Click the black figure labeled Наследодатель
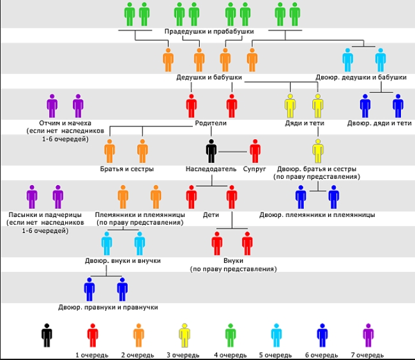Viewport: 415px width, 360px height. coord(211,151)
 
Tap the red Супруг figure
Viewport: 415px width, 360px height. coord(255,151)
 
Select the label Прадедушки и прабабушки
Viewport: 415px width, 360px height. coord(209,31)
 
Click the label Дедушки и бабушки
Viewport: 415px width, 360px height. coord(209,77)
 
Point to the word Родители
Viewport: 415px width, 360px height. coord(211,123)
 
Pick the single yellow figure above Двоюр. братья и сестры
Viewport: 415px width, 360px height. coord(318,151)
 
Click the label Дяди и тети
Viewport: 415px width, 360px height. coord(305,123)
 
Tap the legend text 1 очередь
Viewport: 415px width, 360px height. coord(92,355)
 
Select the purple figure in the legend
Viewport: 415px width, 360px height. coord(368,335)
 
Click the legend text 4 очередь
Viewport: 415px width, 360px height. coord(230,355)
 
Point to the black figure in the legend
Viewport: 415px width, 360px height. coord(47,335)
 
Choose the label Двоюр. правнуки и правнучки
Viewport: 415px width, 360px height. coord(108,308)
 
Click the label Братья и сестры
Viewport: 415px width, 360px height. coord(127,169)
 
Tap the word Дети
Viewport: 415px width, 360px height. coord(211,214)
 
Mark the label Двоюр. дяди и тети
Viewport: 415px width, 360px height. coord(379,123)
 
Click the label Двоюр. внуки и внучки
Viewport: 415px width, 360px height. coord(123,261)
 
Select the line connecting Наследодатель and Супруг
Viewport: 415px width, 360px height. coord(232,152)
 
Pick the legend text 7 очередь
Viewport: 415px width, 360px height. coord(367,355)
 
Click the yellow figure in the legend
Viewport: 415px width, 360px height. coord(185,335)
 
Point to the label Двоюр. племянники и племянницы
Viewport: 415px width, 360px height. coord(317,214)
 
